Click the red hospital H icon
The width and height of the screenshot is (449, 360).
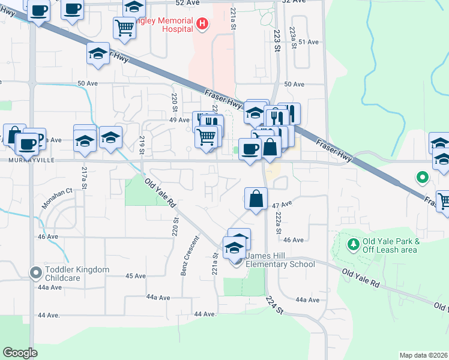203,24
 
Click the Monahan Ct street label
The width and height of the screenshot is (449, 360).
57,197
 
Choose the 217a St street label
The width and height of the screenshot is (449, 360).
85,178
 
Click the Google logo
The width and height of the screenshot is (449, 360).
20,353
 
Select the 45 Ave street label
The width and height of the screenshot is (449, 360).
136,276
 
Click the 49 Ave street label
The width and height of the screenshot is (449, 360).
179,120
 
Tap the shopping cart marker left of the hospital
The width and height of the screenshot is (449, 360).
124,27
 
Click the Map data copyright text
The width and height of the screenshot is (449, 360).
423,355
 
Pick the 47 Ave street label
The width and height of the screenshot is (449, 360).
282,205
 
